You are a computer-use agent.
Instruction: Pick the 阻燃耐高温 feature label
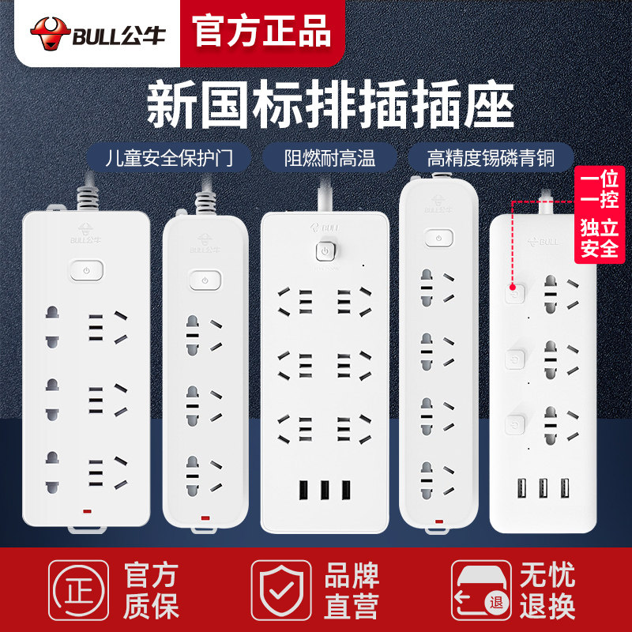click(x=330, y=158)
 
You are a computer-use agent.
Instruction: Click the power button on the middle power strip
click(x=324, y=251)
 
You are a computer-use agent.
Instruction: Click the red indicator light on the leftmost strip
click(x=86, y=511)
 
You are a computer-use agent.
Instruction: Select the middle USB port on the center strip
click(x=324, y=489)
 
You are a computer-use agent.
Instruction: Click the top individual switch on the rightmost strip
click(x=513, y=295)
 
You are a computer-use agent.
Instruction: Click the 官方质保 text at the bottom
click(x=151, y=591)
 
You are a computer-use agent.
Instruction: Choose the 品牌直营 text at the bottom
click(x=352, y=591)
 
